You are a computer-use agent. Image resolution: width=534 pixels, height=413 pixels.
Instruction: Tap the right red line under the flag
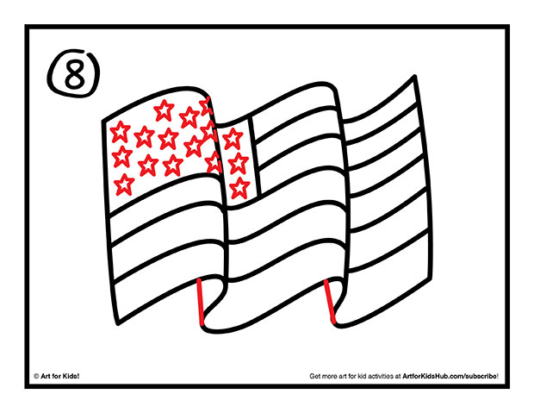[329, 303]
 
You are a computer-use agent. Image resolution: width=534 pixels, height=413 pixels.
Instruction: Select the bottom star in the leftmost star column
[124, 183]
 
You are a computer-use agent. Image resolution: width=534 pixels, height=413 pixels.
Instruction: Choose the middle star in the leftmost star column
[122, 157]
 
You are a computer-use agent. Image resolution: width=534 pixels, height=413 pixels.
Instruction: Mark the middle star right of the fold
[239, 161]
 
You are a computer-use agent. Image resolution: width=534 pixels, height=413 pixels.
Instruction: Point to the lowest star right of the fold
[240, 185]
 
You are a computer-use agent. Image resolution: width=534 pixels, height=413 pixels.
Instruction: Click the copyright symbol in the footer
[36, 377]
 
